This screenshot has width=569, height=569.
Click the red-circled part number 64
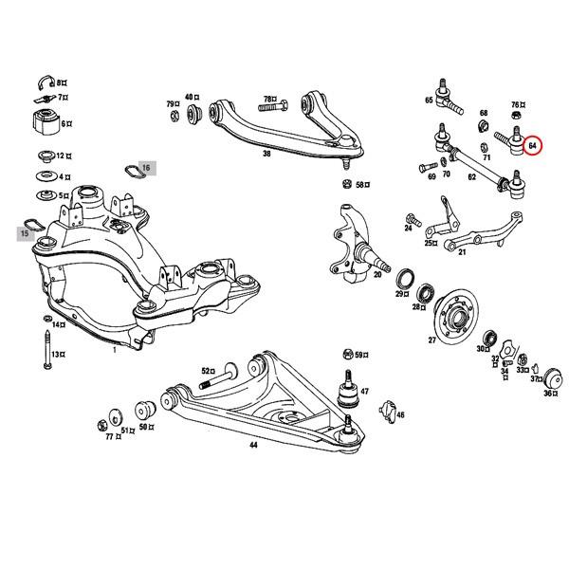(533, 146)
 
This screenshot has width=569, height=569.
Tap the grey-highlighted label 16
(145, 168)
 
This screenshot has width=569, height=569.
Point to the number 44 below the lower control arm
(252, 444)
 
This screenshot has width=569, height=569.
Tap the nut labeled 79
(177, 116)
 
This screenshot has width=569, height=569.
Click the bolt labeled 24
(412, 217)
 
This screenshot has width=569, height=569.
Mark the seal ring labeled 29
(402, 278)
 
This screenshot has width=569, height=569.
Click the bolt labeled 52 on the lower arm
(224, 383)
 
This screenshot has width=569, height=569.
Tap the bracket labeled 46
(386, 410)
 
